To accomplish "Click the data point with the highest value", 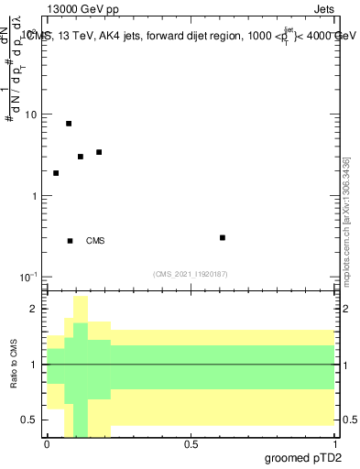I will click(69, 123).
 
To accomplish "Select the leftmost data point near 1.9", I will click(56, 172).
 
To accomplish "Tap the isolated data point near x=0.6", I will click(223, 237).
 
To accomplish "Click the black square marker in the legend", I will click(70, 241).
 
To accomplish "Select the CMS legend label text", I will click(95, 241).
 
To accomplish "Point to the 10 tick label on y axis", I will click(31, 115).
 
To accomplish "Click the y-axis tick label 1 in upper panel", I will click(35, 196).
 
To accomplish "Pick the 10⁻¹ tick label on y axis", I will click(29, 277).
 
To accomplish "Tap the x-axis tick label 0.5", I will click(191, 444).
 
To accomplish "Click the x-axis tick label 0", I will click(47, 444).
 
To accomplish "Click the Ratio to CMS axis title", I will click(14, 365).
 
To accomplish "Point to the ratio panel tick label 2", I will click(35, 309).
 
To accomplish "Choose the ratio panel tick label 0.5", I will click(30, 420).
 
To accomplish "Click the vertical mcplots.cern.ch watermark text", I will click(346, 221).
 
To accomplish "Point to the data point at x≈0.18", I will click(99, 152).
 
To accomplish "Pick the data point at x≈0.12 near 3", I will click(81, 156).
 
